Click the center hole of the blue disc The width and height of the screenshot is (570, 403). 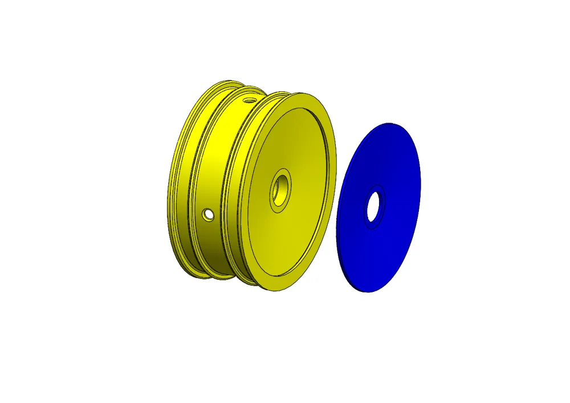coord(374,206)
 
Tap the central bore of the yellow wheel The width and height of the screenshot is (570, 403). coord(280,189)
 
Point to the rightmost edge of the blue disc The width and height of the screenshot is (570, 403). coord(420,171)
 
